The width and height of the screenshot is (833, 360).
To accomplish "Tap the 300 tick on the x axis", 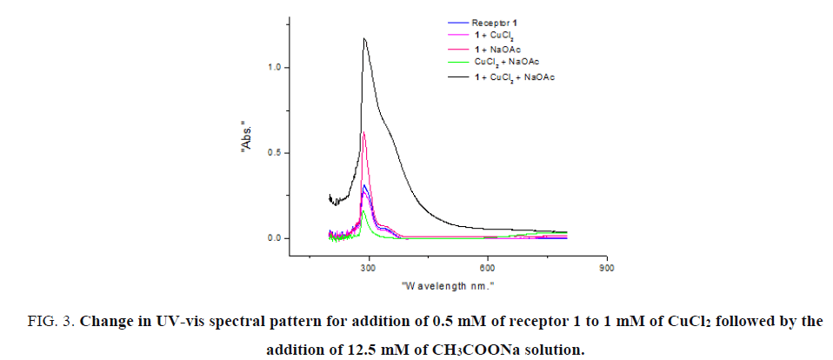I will click(368, 267).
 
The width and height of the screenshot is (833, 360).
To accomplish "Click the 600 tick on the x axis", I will click(488, 267).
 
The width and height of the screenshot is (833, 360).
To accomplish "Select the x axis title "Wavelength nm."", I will click(448, 285).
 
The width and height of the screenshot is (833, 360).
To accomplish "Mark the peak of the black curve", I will click(364, 38).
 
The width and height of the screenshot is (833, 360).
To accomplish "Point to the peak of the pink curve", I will click(363, 131).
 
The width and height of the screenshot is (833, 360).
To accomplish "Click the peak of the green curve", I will click(363, 210).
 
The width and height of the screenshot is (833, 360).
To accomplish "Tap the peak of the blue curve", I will click(365, 185).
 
